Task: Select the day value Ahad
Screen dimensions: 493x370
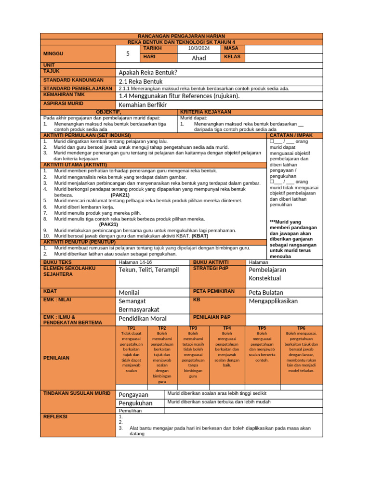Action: (x=198, y=58)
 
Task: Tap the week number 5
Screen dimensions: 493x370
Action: (x=128, y=54)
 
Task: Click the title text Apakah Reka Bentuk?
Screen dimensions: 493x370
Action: (x=148, y=72)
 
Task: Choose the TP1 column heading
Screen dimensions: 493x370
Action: (x=131, y=328)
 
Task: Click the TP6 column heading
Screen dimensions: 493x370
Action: (x=301, y=328)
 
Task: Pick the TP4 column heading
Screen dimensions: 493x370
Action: (x=227, y=328)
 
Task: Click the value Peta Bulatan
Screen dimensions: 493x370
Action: (x=266, y=292)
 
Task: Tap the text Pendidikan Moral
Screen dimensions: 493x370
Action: (x=143, y=319)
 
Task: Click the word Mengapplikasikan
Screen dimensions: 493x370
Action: (x=273, y=301)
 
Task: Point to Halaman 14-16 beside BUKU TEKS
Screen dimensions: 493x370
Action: (x=135, y=262)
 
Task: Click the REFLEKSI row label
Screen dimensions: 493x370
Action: (x=55, y=416)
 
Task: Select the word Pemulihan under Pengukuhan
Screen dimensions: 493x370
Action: (x=130, y=411)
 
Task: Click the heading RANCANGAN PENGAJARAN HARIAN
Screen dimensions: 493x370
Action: (x=181, y=36)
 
